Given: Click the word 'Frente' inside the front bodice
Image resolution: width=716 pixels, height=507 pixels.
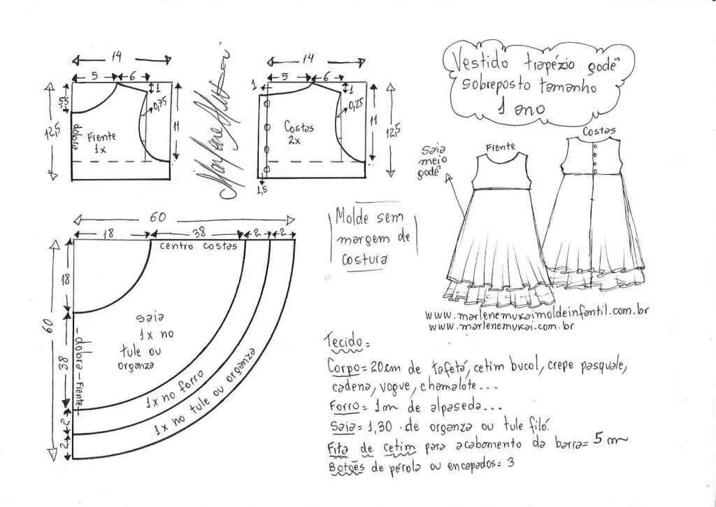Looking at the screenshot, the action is click(102, 137).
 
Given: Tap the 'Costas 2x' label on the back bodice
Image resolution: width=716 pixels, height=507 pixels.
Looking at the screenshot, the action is click(299, 132).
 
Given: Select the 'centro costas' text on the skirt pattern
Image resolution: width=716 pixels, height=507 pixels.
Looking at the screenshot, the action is click(199, 246).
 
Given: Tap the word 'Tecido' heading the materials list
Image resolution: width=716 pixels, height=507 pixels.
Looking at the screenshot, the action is click(344, 342).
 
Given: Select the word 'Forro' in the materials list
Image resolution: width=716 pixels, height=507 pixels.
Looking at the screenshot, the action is click(344, 406).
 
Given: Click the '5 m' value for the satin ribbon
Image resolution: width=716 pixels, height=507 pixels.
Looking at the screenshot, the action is click(610, 439).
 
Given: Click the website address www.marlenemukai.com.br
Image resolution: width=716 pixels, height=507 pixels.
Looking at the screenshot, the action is click(501, 326).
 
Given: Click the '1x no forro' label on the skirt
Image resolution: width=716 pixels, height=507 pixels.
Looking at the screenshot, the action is click(174, 391).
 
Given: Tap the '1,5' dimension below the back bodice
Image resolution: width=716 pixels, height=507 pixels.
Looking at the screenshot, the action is click(262, 190).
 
